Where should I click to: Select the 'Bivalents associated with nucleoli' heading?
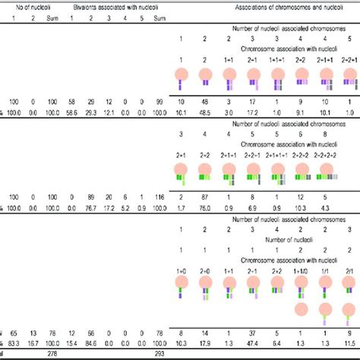[x=112, y=5]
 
